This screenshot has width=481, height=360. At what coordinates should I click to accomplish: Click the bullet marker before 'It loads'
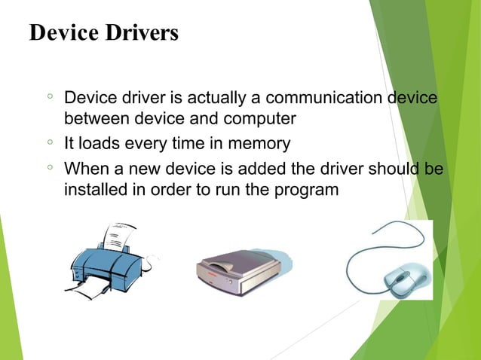[49, 142]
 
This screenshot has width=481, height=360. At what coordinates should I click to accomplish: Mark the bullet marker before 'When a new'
[49, 166]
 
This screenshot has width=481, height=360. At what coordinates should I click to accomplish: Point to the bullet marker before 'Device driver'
[49, 98]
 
